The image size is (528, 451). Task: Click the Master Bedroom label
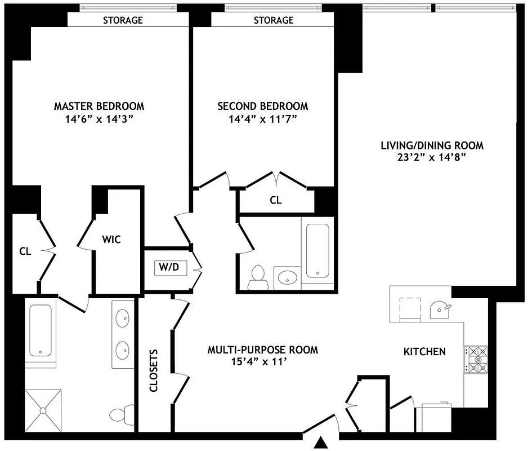tap(99, 106)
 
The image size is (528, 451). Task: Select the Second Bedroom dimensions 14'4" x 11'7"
tap(262, 119)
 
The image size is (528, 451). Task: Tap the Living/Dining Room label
tap(432, 145)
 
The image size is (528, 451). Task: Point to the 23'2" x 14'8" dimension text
tap(432, 158)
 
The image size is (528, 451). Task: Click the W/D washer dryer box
tap(170, 268)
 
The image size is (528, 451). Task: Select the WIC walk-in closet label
tap(111, 240)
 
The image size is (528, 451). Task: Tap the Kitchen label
tap(424, 352)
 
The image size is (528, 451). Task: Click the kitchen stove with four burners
tap(476, 360)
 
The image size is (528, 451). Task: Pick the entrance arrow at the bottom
tap(321, 442)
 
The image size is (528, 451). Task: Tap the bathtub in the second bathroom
tap(319, 250)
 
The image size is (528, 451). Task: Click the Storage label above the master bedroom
tap(123, 20)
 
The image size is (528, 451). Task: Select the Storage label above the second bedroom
tap(274, 20)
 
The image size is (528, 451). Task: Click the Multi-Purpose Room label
tap(263, 350)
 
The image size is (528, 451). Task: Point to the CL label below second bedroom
tap(275, 200)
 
